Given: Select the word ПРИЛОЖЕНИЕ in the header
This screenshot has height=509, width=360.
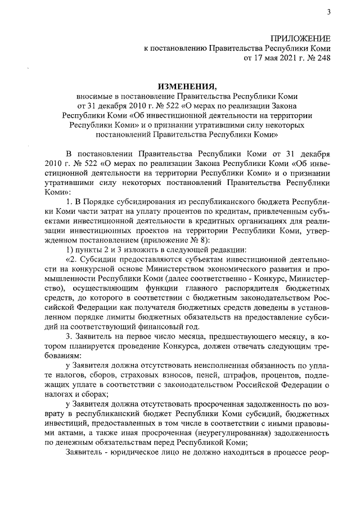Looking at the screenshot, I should (301, 38).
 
